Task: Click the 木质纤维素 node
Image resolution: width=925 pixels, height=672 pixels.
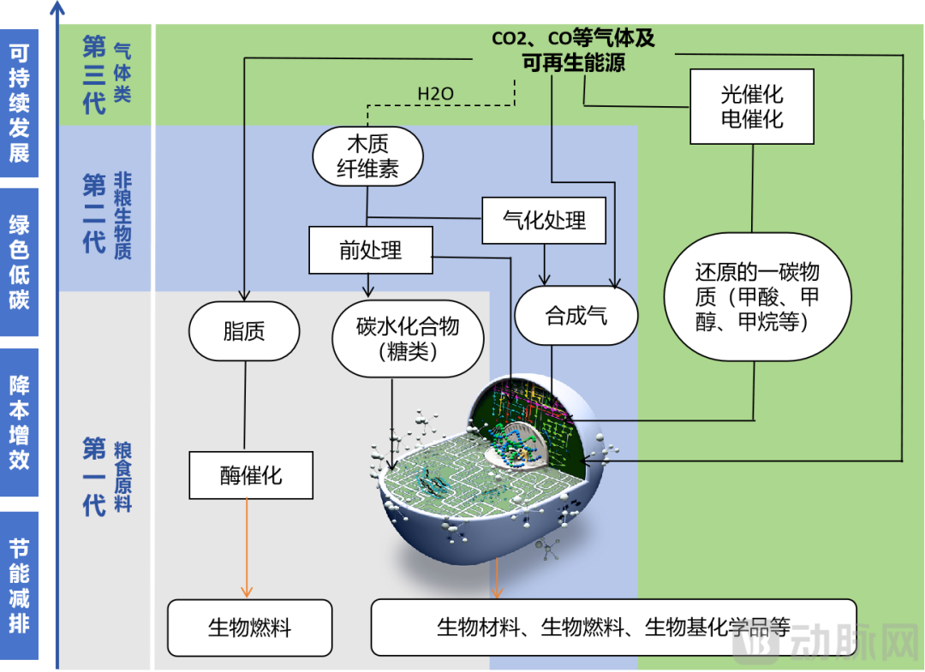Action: coord(367,156)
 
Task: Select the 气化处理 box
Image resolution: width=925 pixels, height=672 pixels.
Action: coord(544,221)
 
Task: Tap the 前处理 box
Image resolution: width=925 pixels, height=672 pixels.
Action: coord(370,250)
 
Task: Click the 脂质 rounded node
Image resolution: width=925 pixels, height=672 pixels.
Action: coord(244,331)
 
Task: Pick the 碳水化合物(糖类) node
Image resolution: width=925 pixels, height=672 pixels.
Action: coord(408,339)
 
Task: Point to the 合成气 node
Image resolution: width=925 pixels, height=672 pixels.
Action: coord(576,316)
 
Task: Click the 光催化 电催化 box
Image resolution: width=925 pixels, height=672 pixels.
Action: coord(751,107)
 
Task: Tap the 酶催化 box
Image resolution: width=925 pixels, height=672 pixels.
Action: coord(250,475)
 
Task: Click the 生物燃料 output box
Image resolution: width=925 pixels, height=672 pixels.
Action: coord(249,627)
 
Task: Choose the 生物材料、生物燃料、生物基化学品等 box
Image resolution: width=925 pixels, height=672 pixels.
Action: coord(612,627)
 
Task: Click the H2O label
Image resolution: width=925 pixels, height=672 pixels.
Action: coord(435,93)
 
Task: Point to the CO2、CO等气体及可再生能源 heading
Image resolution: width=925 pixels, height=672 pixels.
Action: coord(573,51)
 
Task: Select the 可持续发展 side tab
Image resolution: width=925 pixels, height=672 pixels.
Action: coord(19,103)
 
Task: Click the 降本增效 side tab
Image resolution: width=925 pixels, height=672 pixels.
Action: coord(19,422)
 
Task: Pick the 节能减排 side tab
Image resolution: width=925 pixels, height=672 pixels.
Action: coord(19,586)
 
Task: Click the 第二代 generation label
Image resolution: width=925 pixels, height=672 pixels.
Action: coord(94,213)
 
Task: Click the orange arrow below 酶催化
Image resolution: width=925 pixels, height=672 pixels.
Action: coord(247,548)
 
